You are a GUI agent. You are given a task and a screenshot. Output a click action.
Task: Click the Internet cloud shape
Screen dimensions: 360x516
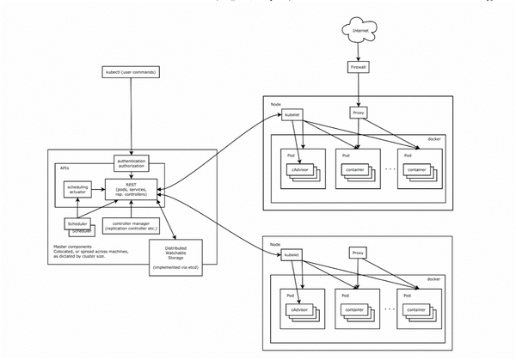(x=359, y=31)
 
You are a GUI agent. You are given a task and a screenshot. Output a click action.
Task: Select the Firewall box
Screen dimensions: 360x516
(x=359, y=66)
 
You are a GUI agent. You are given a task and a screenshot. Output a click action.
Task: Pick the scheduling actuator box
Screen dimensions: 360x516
(x=77, y=191)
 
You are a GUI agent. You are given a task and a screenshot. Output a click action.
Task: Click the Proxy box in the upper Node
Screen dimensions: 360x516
(x=359, y=113)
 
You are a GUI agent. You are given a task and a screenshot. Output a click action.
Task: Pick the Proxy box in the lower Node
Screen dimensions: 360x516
(x=359, y=253)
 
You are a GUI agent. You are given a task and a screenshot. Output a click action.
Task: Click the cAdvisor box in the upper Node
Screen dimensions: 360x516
(x=298, y=169)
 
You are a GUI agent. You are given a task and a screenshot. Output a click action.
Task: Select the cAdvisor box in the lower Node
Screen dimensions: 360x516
(x=298, y=309)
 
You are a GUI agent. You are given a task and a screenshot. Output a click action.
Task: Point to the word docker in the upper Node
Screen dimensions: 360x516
(x=434, y=139)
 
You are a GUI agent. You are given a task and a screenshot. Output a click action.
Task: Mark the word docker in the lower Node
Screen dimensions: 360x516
(x=434, y=279)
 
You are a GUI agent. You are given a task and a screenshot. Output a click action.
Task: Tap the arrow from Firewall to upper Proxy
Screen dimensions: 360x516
(x=359, y=89)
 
